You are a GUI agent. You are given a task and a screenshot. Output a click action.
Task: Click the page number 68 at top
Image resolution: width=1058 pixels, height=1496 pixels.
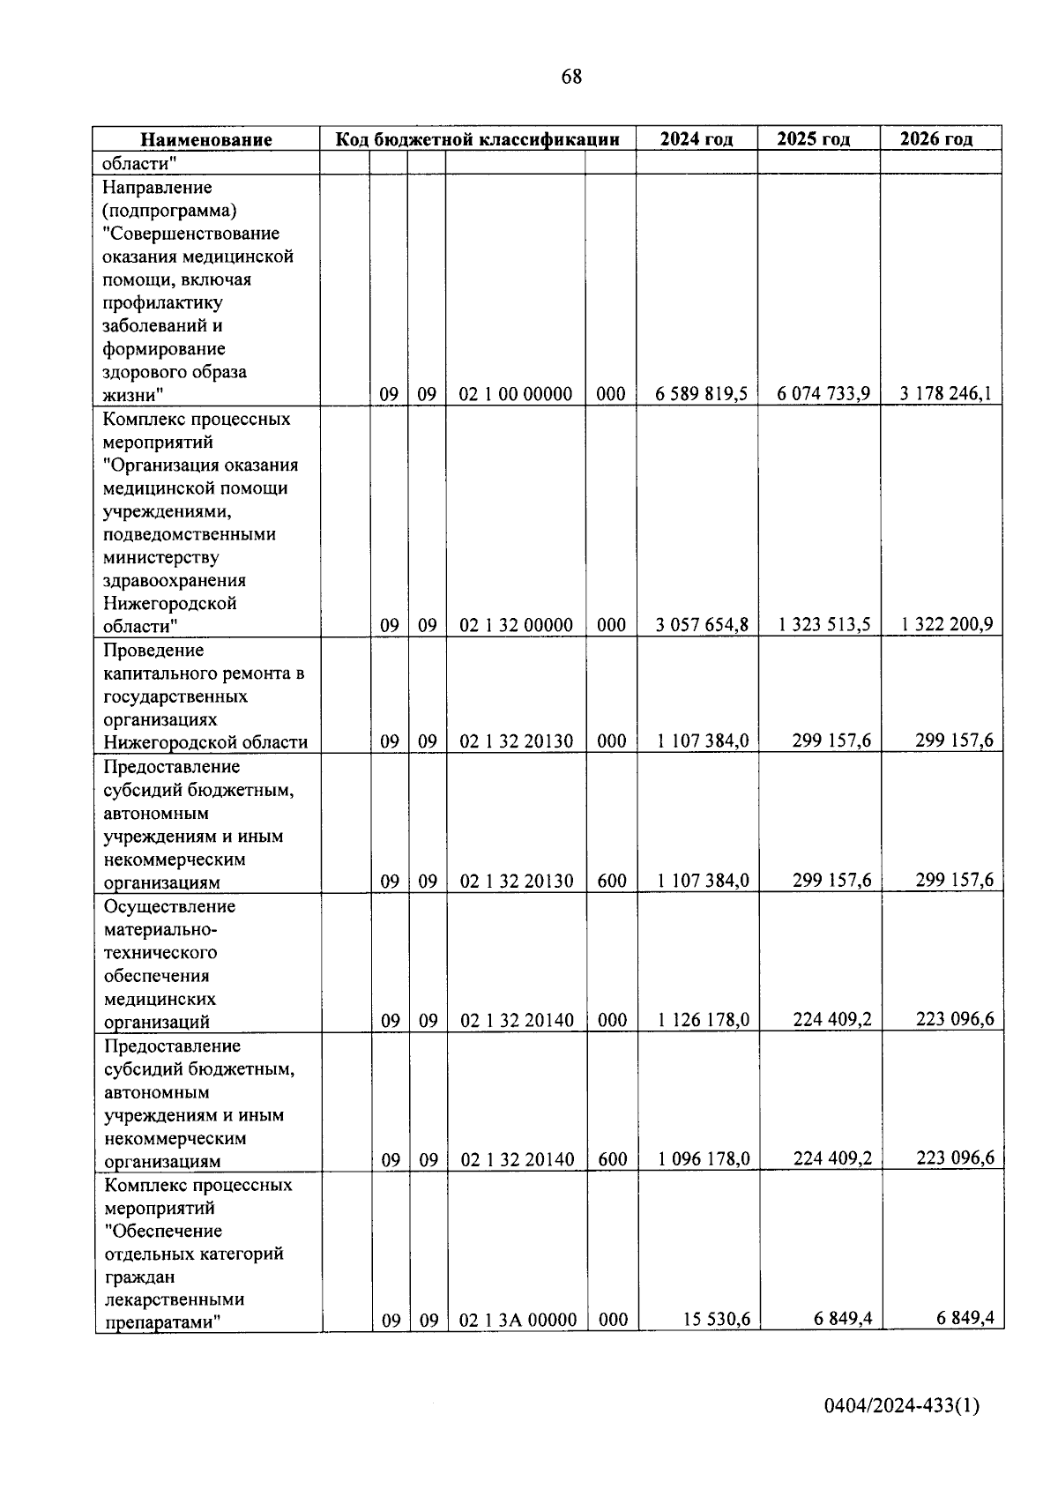571,77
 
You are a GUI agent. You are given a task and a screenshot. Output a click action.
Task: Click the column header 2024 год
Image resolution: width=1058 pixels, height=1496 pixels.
697,139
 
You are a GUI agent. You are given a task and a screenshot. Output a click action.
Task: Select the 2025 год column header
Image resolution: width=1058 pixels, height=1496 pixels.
818,139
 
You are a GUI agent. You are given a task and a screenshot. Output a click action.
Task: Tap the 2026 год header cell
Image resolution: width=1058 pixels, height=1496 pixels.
940,139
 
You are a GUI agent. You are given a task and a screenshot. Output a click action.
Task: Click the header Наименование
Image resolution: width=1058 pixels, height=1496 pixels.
206,139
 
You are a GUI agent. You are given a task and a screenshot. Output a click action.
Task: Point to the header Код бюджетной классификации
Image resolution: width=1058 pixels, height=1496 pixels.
477,139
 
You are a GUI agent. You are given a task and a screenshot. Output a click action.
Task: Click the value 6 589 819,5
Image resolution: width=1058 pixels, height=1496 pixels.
701,394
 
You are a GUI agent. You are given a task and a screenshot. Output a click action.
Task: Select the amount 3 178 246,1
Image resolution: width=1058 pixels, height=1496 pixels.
946,394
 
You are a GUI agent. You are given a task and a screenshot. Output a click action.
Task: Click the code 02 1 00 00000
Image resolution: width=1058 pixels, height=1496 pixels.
516,394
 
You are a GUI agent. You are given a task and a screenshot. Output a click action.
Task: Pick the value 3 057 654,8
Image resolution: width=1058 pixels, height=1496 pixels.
702,625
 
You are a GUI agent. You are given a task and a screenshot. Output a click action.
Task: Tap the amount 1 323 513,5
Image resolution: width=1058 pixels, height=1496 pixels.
824,625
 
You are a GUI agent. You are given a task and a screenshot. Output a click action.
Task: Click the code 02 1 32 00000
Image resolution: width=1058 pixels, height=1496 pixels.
516,625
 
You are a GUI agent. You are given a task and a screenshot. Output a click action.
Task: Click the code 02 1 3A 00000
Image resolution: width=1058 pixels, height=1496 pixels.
518,1320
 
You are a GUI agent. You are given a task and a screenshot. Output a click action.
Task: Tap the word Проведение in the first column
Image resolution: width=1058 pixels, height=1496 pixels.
153,651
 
